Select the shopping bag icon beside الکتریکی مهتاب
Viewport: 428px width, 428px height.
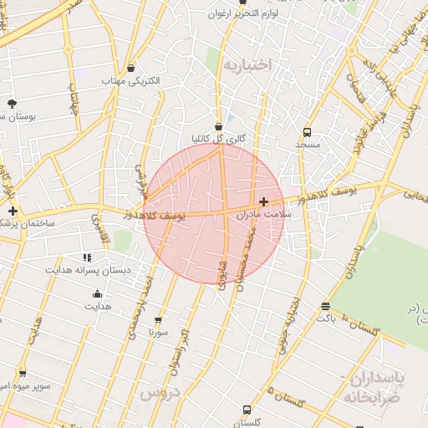pos(130,69)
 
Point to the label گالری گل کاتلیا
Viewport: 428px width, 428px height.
pos(218,139)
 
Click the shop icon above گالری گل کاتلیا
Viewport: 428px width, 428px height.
pos(218,126)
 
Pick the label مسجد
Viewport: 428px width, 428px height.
pos(308,145)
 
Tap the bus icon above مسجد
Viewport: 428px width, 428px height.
pos(308,132)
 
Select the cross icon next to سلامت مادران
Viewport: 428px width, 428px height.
pos(264,201)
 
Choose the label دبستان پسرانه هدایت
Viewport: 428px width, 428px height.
pos(88,271)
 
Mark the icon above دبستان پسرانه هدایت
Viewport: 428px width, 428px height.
pos(87,257)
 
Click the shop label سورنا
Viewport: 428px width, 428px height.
pos(159,333)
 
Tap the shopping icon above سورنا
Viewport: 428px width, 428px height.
pos(159,320)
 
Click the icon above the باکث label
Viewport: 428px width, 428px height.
pos(324,306)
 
